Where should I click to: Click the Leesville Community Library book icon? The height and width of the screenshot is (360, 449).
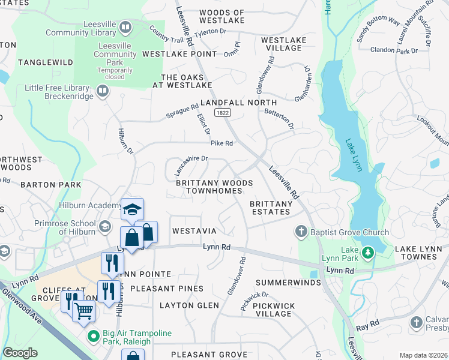(125, 27)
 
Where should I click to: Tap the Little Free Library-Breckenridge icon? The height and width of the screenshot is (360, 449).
(103, 91)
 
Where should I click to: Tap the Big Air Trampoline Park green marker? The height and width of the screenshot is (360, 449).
(92, 336)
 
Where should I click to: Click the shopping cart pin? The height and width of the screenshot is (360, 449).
(83, 310)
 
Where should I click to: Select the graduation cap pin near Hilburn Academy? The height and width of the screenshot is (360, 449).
(132, 209)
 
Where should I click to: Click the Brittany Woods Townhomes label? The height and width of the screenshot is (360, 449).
(214, 187)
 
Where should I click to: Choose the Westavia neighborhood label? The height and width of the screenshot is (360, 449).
(193, 231)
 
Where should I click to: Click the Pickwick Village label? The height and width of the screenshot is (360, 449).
(274, 310)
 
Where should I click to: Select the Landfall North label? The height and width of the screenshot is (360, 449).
(238, 103)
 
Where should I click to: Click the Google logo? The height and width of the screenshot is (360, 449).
(20, 353)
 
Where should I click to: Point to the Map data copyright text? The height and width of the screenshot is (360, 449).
(423, 355)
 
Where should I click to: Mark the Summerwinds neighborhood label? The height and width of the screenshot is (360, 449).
(285, 282)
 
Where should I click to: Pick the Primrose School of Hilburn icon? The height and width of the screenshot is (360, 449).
(105, 226)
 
